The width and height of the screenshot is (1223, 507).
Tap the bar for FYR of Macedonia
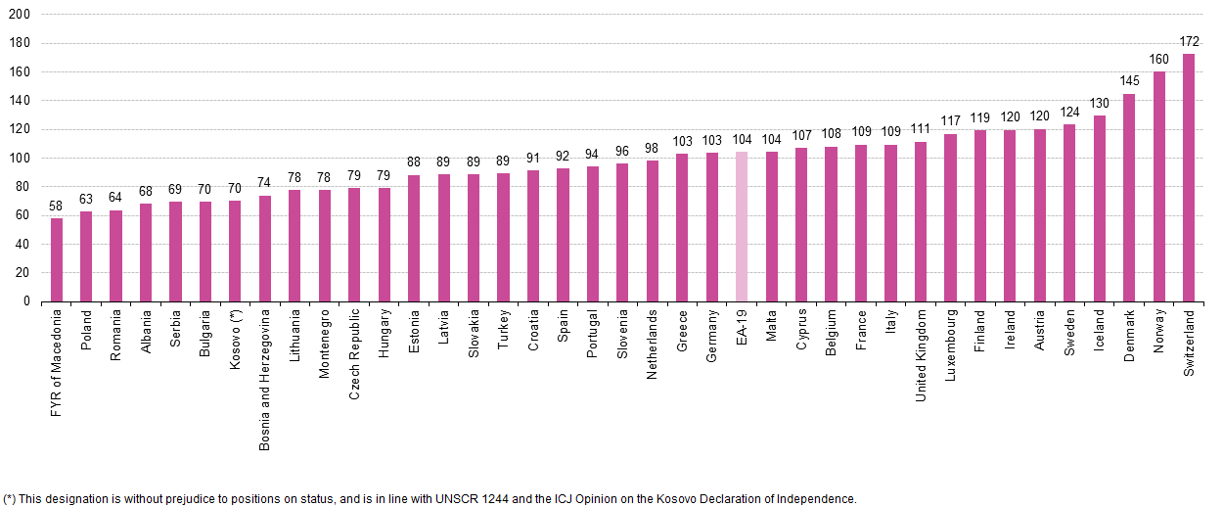[x=57, y=259]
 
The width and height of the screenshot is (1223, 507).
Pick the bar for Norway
[x=1158, y=186]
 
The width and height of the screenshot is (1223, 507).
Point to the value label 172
[x=1189, y=41]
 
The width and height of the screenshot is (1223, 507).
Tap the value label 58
[x=57, y=206]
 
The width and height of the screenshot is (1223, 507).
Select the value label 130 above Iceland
[x=1099, y=102]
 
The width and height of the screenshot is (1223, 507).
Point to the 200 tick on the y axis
[x=20, y=15]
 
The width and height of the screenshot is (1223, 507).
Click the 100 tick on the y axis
[x=20, y=158]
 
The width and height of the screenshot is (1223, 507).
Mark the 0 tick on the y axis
[x=26, y=301]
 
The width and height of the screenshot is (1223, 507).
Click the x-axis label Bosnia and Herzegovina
[x=265, y=380]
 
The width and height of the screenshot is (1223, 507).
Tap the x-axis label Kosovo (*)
[x=235, y=341]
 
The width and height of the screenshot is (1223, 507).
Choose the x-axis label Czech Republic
[x=354, y=351]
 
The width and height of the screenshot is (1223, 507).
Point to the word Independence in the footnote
[x=820, y=498]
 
